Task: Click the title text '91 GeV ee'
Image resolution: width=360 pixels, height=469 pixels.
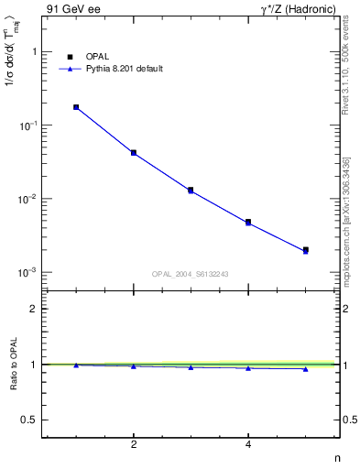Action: coord(70,9)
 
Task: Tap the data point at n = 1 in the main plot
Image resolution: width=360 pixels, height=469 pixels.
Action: coord(76,107)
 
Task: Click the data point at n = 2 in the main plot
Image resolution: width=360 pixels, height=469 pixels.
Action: coord(134,153)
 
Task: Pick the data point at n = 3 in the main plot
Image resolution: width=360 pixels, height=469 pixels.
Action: coord(191,190)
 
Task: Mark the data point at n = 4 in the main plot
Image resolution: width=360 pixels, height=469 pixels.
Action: coord(248,222)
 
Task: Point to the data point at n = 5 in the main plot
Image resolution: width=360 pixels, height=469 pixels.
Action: coord(306,250)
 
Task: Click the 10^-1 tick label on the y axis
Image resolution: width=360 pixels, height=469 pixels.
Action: coord(28,125)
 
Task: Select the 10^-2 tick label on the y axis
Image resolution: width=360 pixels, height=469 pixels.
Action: coord(28,199)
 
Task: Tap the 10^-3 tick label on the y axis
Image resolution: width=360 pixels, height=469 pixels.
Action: coord(28,272)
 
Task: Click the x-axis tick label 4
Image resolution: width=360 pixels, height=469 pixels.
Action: coord(248,444)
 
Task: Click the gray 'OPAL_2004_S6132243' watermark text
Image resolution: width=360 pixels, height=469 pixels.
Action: coord(190,274)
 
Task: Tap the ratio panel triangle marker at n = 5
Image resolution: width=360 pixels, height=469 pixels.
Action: coord(306,369)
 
